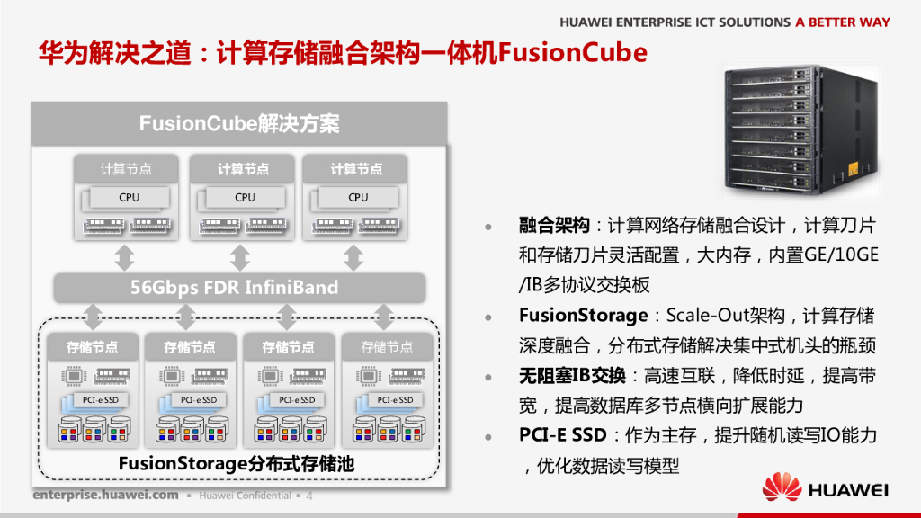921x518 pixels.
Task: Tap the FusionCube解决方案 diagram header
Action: (239, 123)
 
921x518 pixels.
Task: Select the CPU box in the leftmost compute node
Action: (129, 197)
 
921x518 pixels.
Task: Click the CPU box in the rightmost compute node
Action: (358, 197)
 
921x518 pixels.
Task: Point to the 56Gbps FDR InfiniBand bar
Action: (239, 288)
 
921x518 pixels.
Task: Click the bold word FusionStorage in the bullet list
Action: (583, 316)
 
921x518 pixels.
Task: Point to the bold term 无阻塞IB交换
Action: (572, 375)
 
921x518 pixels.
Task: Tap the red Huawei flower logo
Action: (782, 488)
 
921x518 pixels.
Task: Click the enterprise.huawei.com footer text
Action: (105, 496)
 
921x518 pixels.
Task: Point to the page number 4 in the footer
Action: (309, 496)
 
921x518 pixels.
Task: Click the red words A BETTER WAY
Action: (843, 22)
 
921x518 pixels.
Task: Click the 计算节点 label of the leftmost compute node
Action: (126, 169)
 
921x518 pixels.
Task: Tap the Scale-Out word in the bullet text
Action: (711, 316)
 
